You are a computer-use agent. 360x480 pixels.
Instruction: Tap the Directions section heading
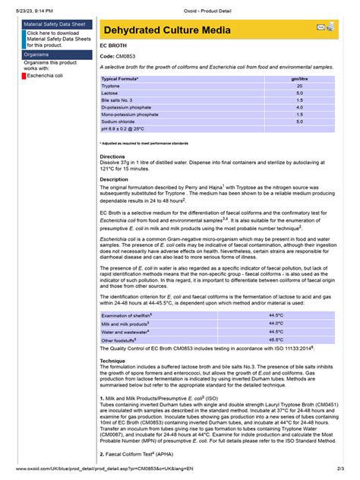pyautogui.click(x=112, y=156)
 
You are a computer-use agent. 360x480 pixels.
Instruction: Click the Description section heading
pyautogui.click(x=115, y=179)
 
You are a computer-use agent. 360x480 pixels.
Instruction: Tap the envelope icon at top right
pyautogui.click(x=321, y=27)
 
